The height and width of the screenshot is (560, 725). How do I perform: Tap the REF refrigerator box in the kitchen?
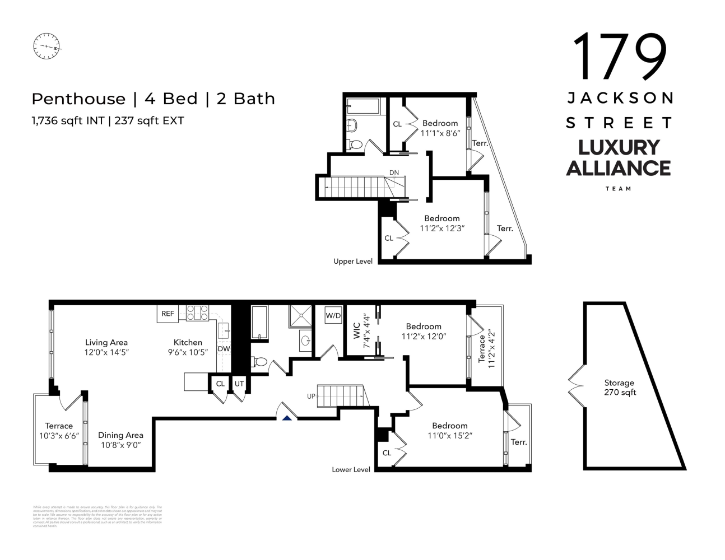(168, 314)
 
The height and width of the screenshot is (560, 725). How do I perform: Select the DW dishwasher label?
(224, 349)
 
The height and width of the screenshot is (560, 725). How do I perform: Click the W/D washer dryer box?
(333, 316)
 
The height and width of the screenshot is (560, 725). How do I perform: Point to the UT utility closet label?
(239, 384)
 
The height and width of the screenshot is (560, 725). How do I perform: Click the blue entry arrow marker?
(287, 417)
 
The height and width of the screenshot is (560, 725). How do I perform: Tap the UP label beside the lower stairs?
(311, 396)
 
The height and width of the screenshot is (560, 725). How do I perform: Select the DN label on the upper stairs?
(394, 172)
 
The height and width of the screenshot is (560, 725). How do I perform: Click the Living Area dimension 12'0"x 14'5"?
(106, 352)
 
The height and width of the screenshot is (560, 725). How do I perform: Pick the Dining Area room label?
(120, 435)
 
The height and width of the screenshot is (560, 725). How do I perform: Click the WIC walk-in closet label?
(356, 330)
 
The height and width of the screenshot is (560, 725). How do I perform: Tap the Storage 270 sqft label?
(619, 388)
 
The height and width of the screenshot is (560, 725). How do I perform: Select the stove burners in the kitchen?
(197, 312)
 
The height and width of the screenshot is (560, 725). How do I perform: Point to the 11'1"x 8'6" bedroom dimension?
(440, 133)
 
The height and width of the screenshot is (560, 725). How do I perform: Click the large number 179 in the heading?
(619, 57)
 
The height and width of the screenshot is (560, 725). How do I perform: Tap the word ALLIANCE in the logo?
(618, 168)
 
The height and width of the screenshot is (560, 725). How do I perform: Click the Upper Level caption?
(352, 262)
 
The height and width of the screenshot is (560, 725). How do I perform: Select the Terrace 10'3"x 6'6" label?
(59, 431)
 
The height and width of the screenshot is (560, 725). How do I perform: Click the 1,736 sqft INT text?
(68, 120)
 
